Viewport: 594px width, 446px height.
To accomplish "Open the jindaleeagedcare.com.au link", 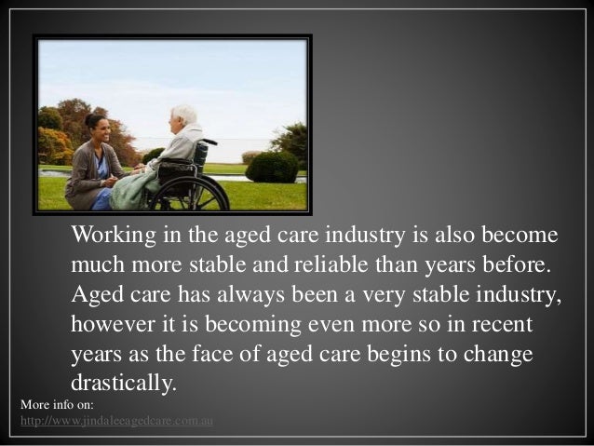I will point(116,421).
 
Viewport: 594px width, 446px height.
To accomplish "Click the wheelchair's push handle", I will point(209,142).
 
